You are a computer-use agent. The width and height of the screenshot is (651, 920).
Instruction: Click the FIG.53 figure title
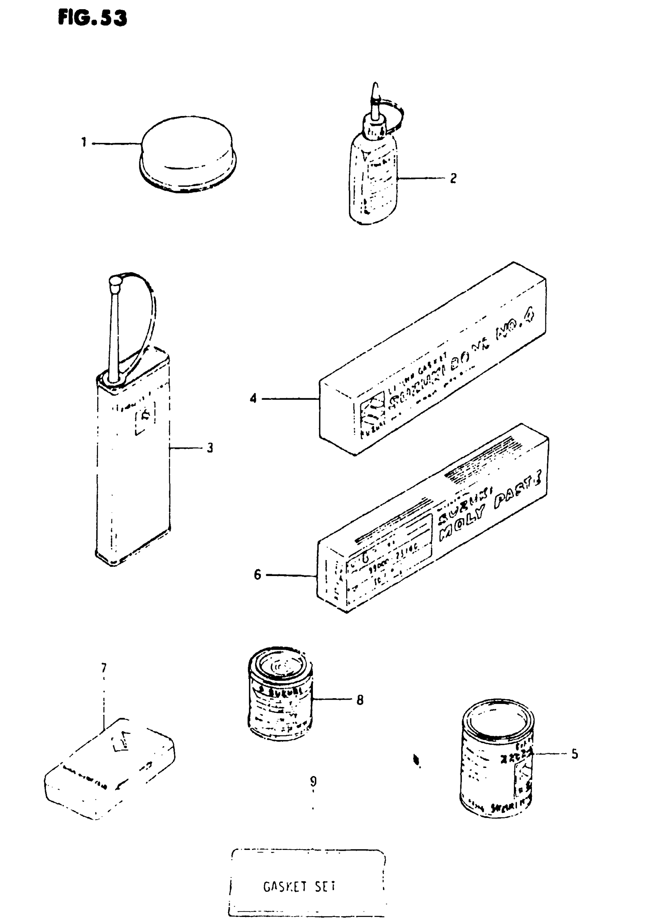coord(92,18)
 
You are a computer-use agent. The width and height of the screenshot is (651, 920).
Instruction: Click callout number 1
coord(84,142)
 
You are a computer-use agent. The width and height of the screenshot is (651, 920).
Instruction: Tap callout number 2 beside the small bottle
coord(453,178)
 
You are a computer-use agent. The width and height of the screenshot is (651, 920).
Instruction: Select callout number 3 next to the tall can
coord(209,448)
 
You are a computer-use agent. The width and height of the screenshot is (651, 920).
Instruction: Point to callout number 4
coord(253,398)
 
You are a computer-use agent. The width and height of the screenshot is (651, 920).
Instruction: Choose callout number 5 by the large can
coord(574,754)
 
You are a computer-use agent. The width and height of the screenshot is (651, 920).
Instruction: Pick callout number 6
coord(257,575)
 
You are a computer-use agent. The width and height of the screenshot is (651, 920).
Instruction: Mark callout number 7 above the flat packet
coord(104,668)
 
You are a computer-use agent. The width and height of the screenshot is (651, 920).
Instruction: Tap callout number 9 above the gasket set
coord(313,781)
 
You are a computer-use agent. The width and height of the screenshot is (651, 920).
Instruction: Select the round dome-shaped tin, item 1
coord(188,154)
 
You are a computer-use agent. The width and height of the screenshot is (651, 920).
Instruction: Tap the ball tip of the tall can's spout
coord(114,282)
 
